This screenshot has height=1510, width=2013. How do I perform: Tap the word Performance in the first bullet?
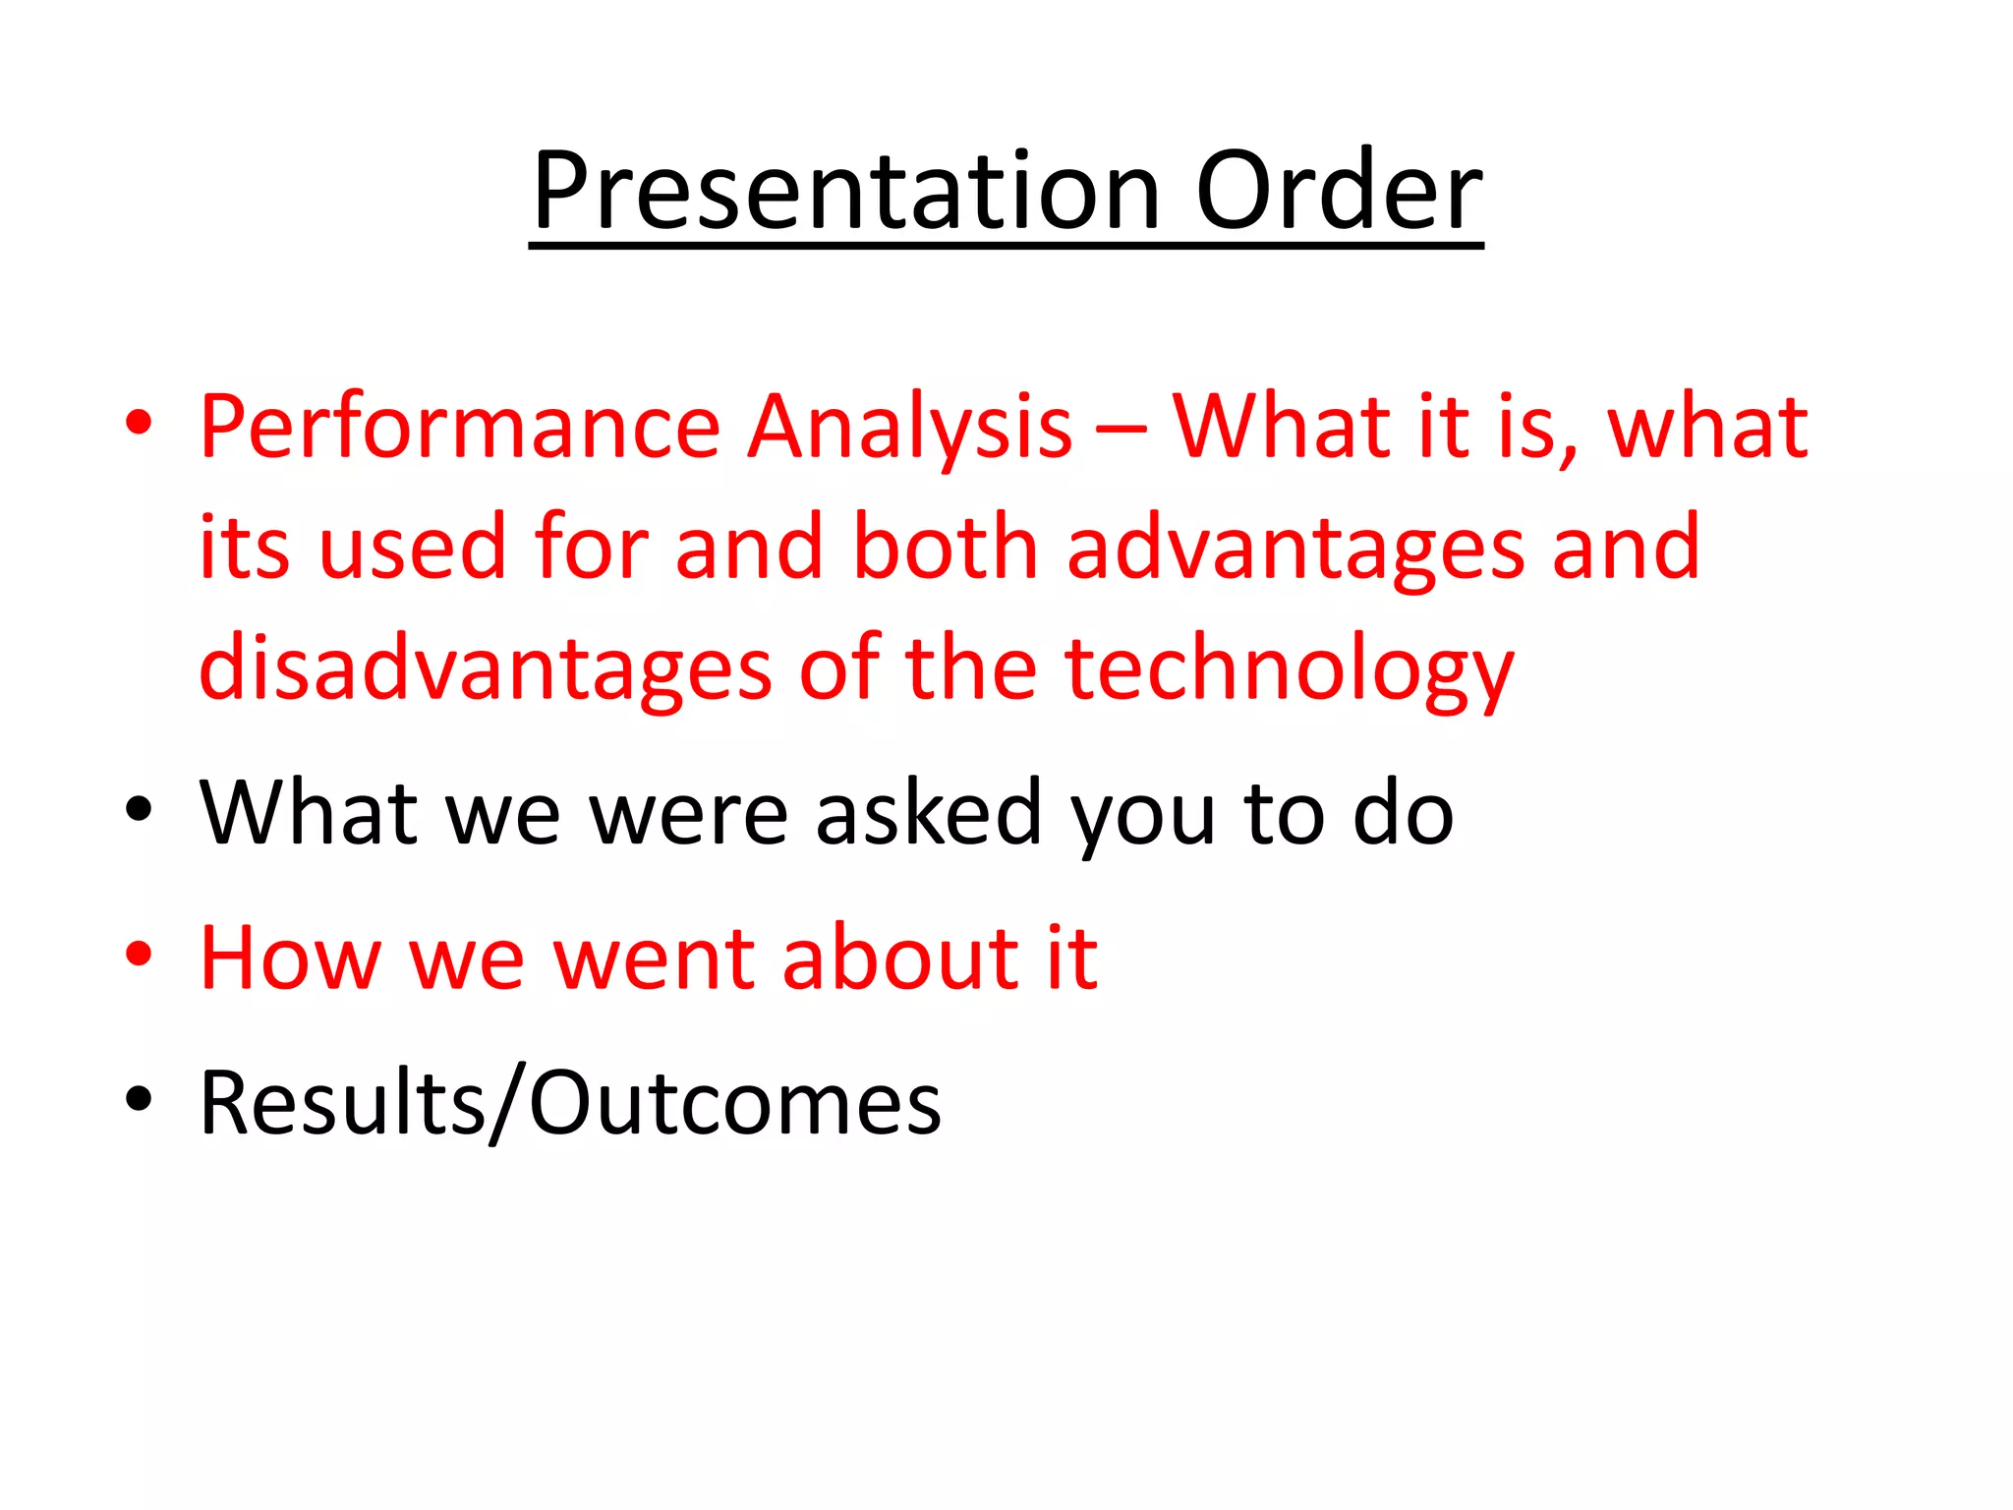pos(460,428)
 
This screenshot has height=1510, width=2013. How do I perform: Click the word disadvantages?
pos(485,668)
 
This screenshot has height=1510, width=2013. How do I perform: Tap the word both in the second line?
pos(945,547)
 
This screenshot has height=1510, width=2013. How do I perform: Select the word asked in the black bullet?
pos(928,813)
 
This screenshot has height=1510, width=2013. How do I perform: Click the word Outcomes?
pos(735,1103)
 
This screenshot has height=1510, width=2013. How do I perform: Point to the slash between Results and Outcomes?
pos(508,1103)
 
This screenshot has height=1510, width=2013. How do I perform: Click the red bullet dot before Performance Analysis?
pos(139,423)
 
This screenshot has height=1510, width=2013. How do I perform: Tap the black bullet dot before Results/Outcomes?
pos(139,1097)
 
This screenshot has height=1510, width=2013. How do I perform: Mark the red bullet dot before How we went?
pos(139,953)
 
